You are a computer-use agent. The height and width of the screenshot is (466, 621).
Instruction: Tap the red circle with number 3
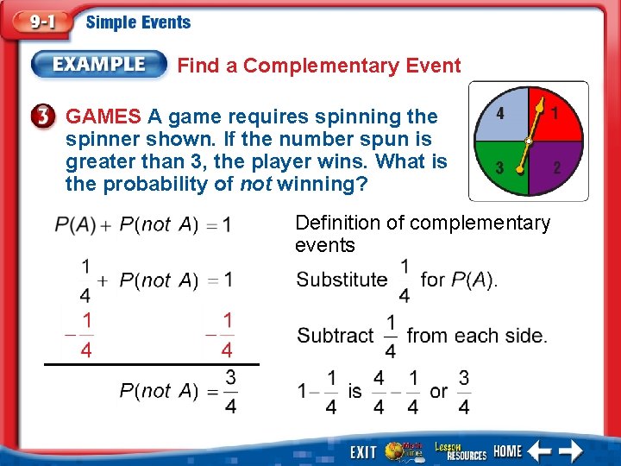pos(47,116)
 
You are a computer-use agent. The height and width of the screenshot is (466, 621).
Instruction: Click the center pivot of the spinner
pos(528,141)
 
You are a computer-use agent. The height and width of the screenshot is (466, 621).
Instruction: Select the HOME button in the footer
pos(507,450)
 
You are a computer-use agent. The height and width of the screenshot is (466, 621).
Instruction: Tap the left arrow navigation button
pos(539,450)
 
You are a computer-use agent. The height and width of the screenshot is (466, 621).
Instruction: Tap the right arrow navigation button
pos(571,450)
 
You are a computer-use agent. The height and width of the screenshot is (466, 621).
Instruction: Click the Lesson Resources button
pos(460,450)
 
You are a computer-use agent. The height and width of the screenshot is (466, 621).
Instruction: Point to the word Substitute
pos(342,280)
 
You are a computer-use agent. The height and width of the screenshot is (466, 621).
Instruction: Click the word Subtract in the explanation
pos(336,335)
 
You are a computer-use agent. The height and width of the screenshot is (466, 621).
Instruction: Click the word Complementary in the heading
pos(339,66)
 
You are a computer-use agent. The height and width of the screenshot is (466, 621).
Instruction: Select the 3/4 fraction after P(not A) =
pos(230,391)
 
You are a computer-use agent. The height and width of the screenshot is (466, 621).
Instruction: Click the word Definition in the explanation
pos(336,223)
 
